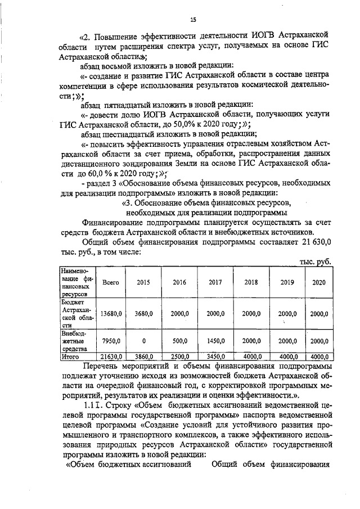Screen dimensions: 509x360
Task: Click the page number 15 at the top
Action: [193, 20]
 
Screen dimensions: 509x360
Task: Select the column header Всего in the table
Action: [110, 282]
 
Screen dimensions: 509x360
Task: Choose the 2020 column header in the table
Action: [318, 282]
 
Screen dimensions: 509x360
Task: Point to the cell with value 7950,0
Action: [111, 341]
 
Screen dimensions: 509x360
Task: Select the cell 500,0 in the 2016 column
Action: [179, 341]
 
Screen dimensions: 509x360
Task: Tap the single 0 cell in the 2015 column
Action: [143, 341]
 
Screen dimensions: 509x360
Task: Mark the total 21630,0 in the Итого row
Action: [111, 356]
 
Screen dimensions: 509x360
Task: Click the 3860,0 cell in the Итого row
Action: [143, 356]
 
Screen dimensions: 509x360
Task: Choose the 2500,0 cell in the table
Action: [179, 356]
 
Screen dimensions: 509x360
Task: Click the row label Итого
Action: [71, 356]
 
